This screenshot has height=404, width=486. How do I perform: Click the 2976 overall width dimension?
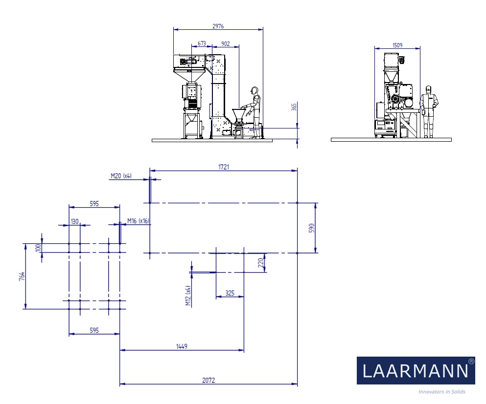[218, 26]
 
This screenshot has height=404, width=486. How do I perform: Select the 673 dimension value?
[202, 43]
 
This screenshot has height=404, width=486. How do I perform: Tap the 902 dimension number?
[226, 43]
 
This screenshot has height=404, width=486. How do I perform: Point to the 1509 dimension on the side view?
[397, 45]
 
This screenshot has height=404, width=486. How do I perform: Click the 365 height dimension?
[294, 106]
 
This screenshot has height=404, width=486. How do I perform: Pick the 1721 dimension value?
[224, 167]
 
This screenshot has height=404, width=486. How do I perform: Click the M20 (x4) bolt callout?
[121, 176]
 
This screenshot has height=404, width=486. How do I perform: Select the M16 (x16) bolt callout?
[138, 221]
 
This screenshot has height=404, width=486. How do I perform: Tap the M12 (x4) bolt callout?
[188, 296]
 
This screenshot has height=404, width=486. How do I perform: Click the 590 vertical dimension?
[312, 228]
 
